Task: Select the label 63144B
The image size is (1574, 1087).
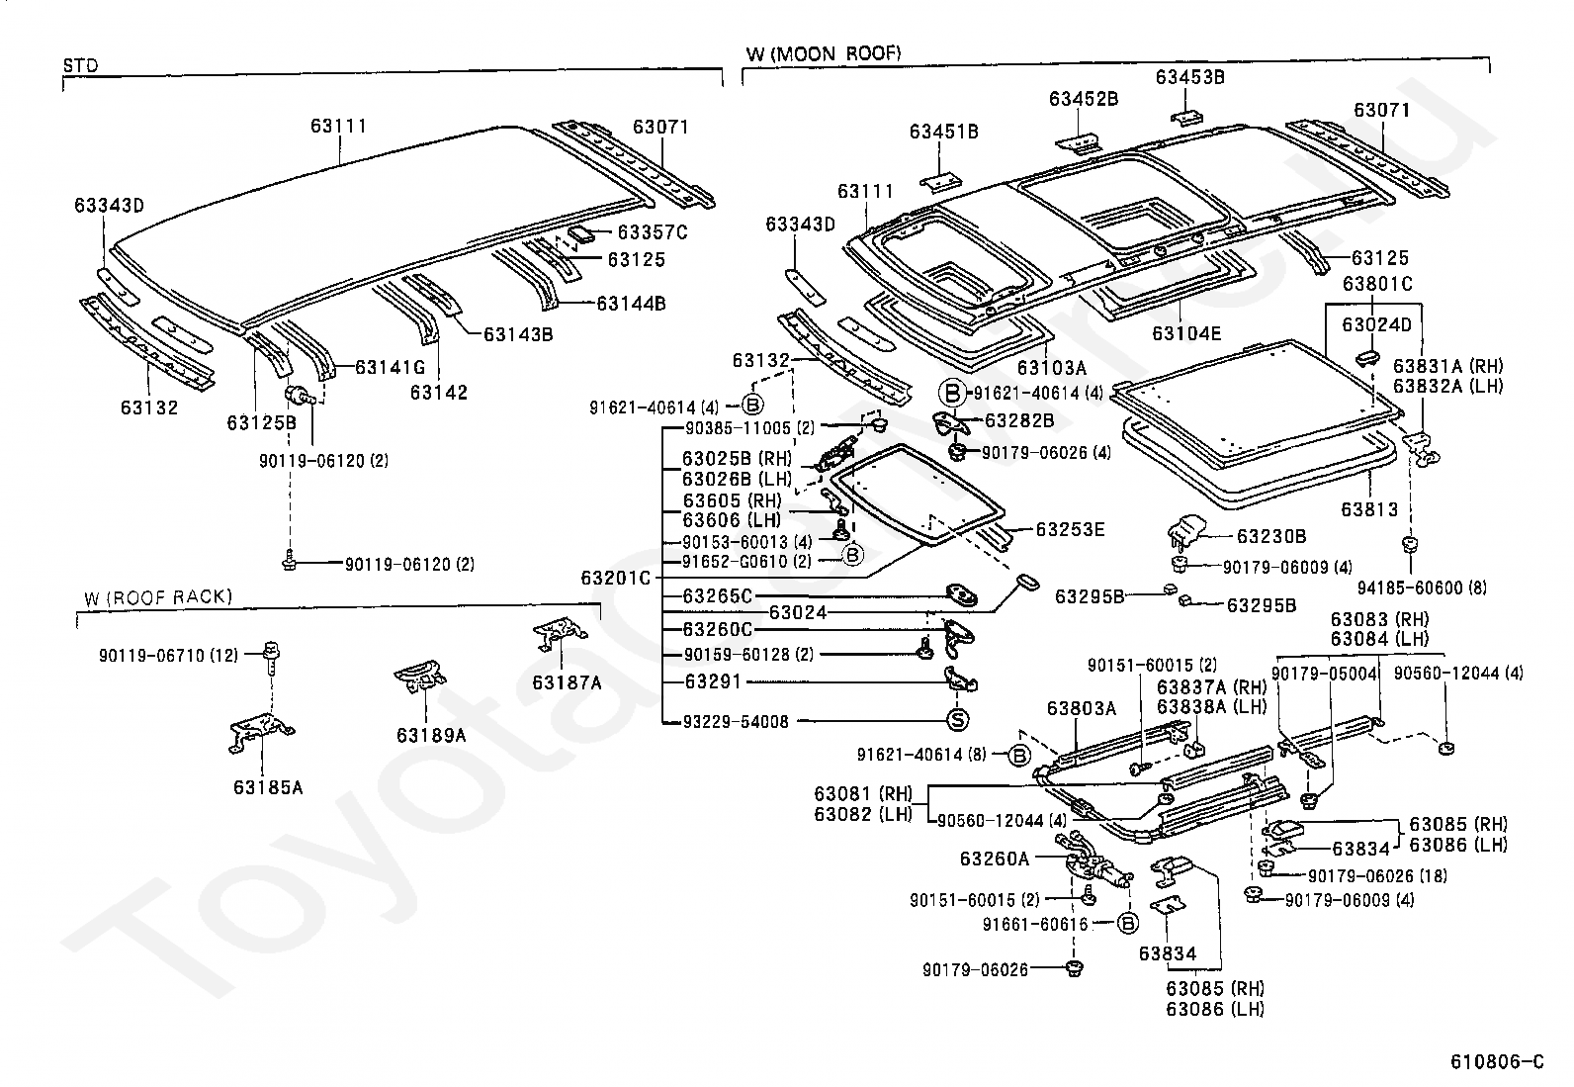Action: click(631, 303)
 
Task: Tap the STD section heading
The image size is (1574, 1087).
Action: click(80, 66)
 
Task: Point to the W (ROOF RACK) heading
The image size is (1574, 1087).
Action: click(158, 596)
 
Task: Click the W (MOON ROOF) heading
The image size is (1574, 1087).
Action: click(824, 53)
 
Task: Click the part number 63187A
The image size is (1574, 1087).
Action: click(567, 681)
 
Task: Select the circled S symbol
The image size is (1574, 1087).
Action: click(957, 720)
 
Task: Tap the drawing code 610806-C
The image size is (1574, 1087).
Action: click(1497, 1062)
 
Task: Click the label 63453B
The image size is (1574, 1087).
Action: click(1190, 77)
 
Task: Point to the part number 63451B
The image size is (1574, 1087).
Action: click(944, 132)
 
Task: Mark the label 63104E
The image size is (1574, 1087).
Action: click(1186, 333)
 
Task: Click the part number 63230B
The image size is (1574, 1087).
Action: click(1271, 536)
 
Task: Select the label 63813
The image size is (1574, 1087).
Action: click(1369, 509)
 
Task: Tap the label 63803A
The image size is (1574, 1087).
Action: click(1082, 708)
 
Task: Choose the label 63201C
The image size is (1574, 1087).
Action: click(616, 578)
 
